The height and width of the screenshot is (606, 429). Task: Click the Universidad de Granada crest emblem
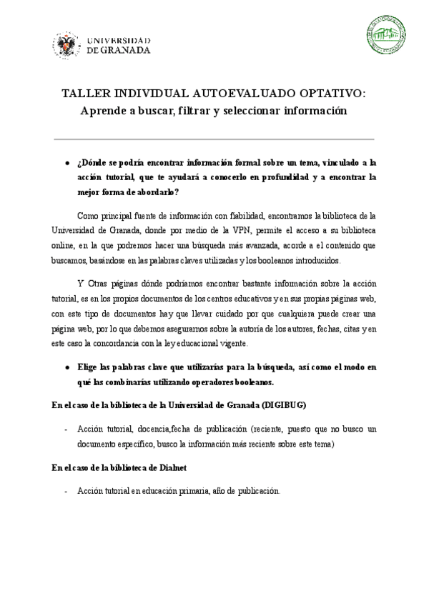[66, 46]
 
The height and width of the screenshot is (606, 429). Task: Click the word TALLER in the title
[81, 94]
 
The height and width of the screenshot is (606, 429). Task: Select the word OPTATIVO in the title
[333, 94]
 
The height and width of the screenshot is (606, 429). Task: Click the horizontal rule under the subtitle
[214, 139]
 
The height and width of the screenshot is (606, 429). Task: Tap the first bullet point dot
[66, 163]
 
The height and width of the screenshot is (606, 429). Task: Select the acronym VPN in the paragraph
[240, 230]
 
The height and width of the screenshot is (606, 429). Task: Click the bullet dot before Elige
[66, 367]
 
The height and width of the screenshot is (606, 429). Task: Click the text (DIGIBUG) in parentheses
[284, 404]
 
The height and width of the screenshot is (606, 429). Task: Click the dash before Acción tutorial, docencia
[66, 429]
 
